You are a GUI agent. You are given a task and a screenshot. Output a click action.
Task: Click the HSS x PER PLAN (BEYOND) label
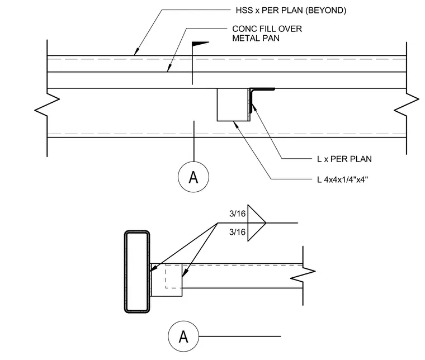291,11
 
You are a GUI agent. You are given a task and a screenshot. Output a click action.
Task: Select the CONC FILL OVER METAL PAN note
267,34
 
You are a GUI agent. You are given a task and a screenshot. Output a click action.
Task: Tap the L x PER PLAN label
344,159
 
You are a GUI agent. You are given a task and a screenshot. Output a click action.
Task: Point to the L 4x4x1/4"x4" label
342,179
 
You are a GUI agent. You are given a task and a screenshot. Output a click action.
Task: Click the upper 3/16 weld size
238,214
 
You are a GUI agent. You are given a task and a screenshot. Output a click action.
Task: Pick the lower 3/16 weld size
238,232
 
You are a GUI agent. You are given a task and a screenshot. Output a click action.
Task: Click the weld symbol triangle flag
257,223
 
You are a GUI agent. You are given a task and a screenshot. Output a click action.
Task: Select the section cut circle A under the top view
193,177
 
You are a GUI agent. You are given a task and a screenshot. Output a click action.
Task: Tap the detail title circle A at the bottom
183,337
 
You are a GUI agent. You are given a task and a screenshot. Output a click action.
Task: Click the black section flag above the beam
200,44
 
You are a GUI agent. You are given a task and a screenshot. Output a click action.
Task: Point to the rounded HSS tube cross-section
137,272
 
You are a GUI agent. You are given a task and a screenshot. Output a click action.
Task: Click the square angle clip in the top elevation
233,105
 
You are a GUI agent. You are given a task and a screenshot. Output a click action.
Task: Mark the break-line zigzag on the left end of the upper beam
47,105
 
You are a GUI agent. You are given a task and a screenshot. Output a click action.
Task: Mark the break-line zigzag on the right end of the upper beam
407,105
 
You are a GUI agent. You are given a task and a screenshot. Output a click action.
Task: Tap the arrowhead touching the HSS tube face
153,268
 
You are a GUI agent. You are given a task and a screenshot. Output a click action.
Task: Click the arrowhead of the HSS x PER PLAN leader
136,51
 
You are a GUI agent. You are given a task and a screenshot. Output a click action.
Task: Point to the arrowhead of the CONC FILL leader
169,68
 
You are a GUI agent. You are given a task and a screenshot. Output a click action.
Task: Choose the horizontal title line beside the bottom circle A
240,337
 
